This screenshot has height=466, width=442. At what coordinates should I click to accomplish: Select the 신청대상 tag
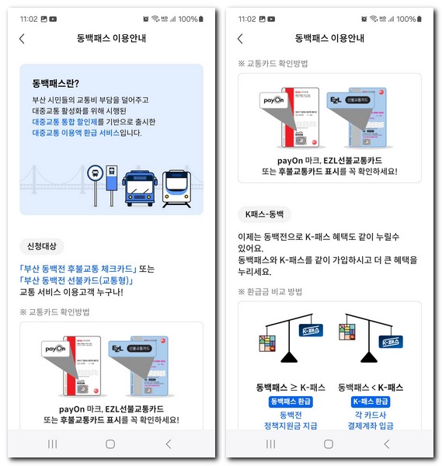(42, 246)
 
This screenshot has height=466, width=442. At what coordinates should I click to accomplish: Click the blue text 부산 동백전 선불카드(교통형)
(78, 280)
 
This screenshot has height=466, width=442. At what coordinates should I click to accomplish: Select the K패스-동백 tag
(264, 212)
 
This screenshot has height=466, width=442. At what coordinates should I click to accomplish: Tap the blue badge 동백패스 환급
(291, 402)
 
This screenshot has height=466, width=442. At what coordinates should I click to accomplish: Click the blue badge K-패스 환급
(371, 402)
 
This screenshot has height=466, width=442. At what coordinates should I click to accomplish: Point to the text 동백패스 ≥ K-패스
(291, 387)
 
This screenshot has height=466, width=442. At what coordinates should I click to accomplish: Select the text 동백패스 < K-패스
(371, 387)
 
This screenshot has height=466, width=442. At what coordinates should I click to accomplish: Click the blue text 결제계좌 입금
(371, 426)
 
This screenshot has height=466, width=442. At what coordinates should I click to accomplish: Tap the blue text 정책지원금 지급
(291, 426)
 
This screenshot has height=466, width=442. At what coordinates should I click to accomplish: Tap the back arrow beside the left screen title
(22, 38)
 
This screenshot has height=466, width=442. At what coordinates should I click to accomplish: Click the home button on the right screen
(328, 443)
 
